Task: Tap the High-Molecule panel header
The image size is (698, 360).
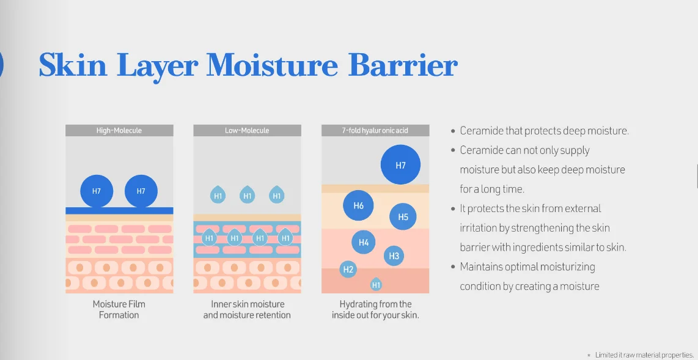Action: [x=119, y=130]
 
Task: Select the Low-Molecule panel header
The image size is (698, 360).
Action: [x=247, y=130]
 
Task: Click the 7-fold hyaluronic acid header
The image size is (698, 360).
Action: [x=375, y=130]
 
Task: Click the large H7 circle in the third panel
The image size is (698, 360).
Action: [x=400, y=165]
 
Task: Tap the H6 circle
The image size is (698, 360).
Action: [x=358, y=205]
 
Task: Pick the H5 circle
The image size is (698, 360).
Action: [x=403, y=217]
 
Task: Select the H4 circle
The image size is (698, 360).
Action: [x=364, y=243]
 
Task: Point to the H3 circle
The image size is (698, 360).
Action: [x=394, y=256]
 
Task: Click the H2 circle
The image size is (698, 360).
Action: [x=348, y=269]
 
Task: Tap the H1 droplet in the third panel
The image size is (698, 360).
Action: [x=376, y=284]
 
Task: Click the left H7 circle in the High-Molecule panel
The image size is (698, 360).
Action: [x=97, y=191]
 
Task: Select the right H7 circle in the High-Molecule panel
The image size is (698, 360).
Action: [x=141, y=191]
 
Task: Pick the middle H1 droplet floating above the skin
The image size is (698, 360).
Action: [x=248, y=195]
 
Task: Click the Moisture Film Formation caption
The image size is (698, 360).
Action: [x=119, y=310]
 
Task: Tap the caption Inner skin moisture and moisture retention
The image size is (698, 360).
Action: [x=247, y=310]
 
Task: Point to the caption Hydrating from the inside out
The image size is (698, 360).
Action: [x=375, y=310]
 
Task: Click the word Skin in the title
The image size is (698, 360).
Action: [x=73, y=66]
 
